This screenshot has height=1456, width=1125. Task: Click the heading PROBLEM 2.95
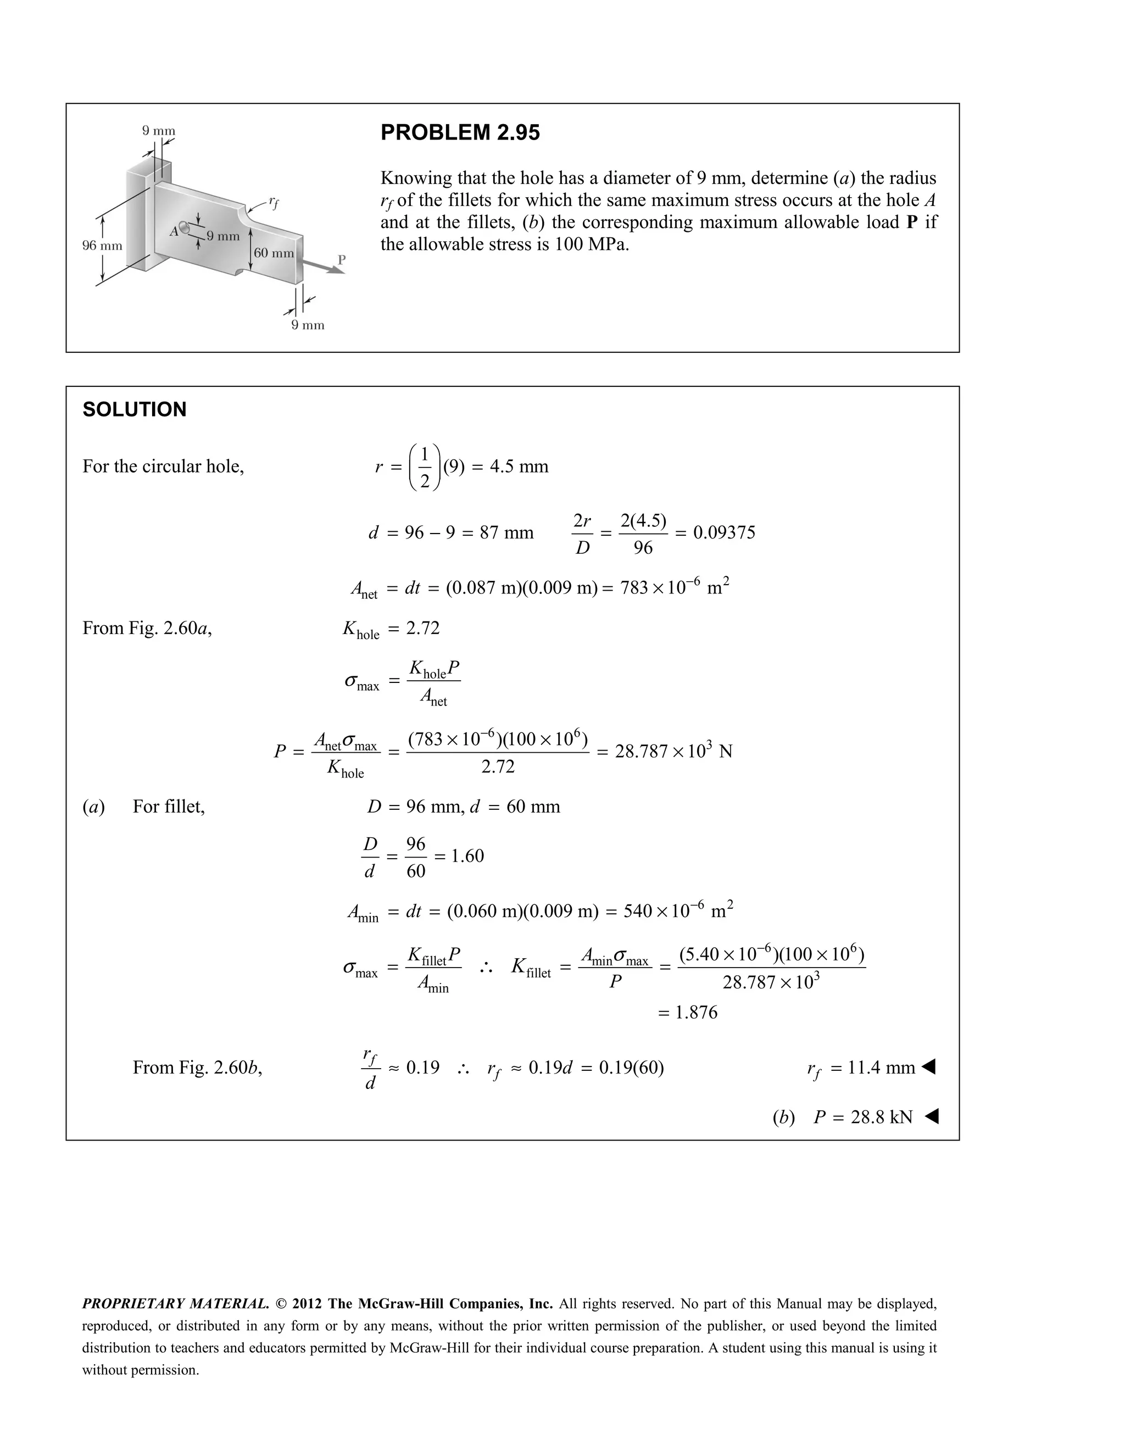click(x=460, y=132)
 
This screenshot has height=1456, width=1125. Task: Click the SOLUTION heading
click(x=134, y=409)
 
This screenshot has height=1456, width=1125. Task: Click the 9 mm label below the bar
click(x=308, y=325)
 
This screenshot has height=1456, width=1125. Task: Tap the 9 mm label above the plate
click(x=159, y=131)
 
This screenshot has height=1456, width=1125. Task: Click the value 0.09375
click(x=724, y=532)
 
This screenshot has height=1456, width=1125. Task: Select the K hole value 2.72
click(x=422, y=628)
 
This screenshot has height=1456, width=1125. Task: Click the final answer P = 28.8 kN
click(x=862, y=1118)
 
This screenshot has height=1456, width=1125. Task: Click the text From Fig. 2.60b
click(x=197, y=1068)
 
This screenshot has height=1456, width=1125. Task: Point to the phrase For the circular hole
click(x=163, y=466)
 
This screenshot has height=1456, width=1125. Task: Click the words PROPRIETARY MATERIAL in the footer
click(x=175, y=1304)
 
